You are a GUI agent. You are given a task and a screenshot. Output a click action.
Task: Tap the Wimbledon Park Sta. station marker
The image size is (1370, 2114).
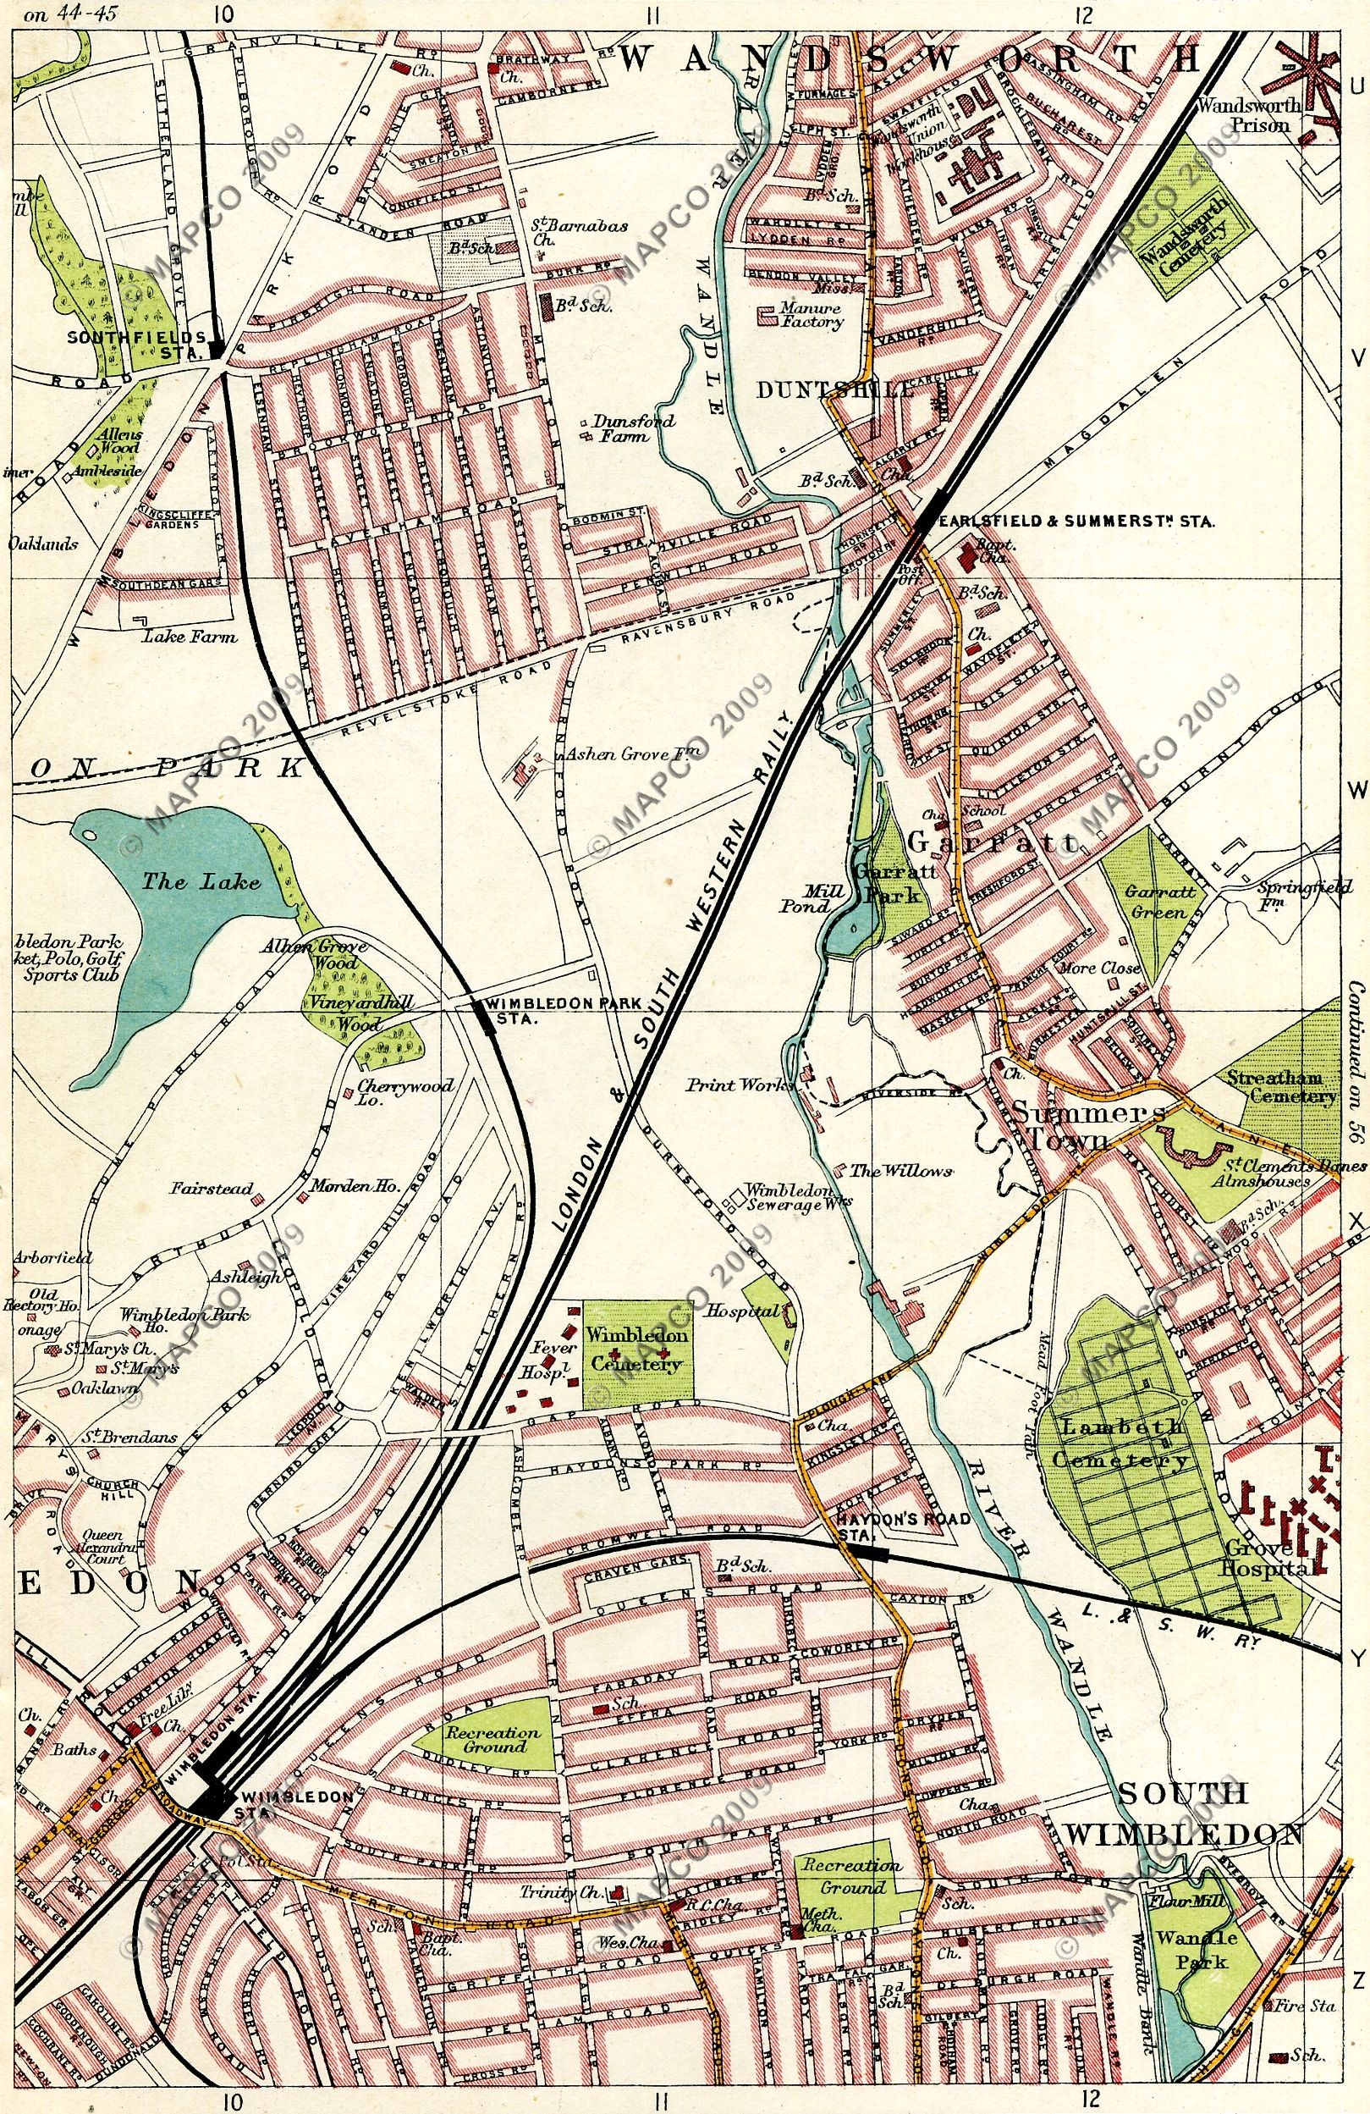[485, 1015]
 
